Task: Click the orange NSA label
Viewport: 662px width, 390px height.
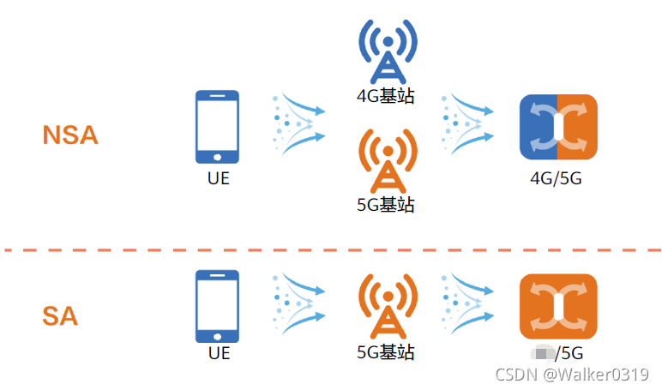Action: point(70,135)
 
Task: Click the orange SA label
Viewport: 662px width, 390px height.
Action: point(60,316)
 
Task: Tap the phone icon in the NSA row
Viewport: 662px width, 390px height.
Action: point(217,127)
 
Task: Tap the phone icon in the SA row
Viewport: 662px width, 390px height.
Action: point(217,306)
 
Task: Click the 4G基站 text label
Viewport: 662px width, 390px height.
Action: point(386,95)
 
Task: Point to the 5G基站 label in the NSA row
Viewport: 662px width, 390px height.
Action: point(386,205)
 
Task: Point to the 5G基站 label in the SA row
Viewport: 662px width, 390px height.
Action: point(386,352)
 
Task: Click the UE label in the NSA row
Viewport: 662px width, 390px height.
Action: point(219,179)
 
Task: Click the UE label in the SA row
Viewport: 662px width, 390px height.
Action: point(219,352)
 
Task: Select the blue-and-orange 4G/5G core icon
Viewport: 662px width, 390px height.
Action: point(557,127)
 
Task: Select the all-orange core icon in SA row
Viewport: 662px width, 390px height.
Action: point(557,305)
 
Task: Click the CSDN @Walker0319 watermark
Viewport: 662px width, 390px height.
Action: point(572,375)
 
